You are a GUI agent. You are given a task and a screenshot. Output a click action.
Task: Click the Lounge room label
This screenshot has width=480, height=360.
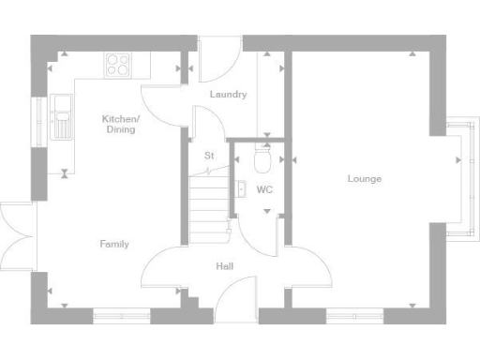pyautogui.click(x=364, y=178)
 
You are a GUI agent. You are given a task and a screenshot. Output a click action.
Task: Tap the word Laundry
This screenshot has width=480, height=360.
pyautogui.click(x=228, y=95)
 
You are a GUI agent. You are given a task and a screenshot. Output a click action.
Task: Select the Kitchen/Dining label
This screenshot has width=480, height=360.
pyautogui.click(x=120, y=124)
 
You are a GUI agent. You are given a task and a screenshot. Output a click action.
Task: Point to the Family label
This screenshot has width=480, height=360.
pyautogui.click(x=114, y=244)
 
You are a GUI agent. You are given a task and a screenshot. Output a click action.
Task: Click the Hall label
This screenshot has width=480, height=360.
pyautogui.click(x=224, y=266)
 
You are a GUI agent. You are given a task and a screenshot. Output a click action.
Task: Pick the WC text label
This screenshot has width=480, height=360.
pyautogui.click(x=264, y=189)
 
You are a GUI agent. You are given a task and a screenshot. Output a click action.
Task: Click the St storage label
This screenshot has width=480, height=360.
pyautogui.click(x=208, y=156)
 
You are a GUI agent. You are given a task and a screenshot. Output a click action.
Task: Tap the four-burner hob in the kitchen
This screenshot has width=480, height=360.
pyautogui.click(x=119, y=65)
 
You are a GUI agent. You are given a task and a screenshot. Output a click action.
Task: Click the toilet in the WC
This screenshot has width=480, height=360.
pyautogui.click(x=263, y=162)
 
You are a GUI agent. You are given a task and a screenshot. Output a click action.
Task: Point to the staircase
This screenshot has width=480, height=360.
pyautogui.click(x=208, y=202)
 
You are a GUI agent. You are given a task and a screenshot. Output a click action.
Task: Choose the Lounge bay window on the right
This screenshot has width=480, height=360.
pyautogui.click(x=457, y=178)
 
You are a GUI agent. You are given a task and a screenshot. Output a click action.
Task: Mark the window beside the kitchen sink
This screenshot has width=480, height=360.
pyautogui.click(x=39, y=117)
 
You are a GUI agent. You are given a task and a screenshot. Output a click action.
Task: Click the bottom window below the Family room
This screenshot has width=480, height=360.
pyautogui.click(x=121, y=315)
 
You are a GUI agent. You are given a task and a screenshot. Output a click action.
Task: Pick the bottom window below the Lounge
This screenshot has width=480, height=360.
pyautogui.click(x=353, y=315)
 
